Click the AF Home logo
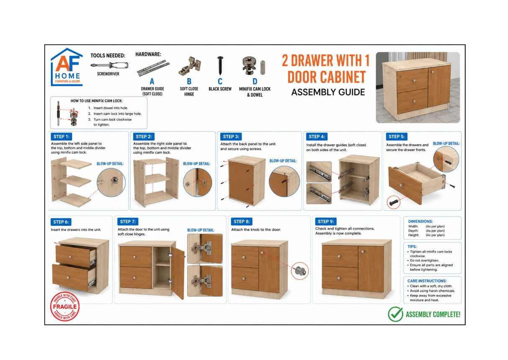(67, 67)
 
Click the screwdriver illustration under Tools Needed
(110, 66)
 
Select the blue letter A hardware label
(152, 82)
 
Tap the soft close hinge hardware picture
(190, 66)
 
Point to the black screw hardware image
(220, 66)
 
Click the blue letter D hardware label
(255, 82)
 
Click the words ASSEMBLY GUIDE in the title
(328, 92)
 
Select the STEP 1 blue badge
(62, 136)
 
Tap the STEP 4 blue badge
(317, 136)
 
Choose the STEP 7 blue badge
(128, 221)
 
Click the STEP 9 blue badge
(326, 221)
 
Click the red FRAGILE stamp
(65, 306)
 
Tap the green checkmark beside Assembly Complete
(395, 314)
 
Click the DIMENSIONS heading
(421, 221)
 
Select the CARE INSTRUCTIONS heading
(427, 281)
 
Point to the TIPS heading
(412, 247)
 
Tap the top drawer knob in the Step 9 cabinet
(339, 257)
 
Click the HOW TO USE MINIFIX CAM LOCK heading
(96, 101)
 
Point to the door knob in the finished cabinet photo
(433, 72)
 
